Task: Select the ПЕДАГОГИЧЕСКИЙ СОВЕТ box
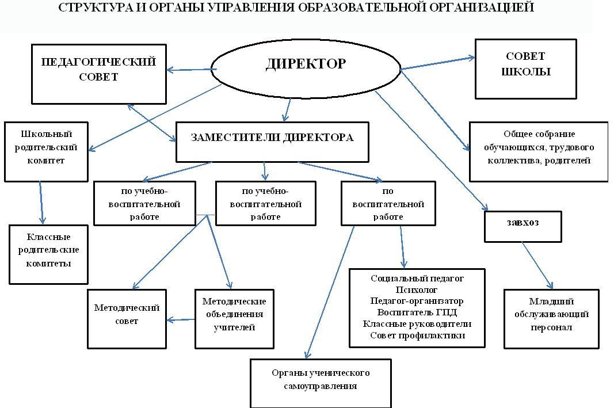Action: [98, 74]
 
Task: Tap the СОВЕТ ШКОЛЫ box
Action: [525, 68]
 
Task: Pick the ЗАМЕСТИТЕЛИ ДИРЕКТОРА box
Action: [272, 142]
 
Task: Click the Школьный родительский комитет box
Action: [46, 151]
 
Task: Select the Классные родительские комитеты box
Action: [48, 254]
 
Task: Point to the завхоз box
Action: [523, 227]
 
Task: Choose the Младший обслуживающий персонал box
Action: [551, 318]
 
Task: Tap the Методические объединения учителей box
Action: [234, 318]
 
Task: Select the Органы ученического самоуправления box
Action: [321, 383]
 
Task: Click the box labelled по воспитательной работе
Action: [387, 204]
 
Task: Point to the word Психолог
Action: [417, 289]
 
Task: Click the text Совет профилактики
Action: [417, 335]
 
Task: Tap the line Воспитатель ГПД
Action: [417, 312]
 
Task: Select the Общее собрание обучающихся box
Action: [539, 151]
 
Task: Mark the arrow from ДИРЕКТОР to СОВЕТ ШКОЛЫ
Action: [437, 63]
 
